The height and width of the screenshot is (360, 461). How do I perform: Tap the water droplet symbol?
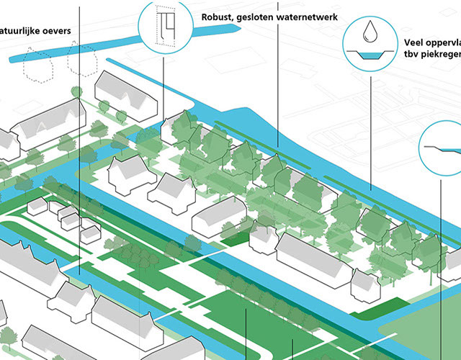[370, 32]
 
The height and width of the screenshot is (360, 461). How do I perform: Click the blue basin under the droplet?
[370, 55]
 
